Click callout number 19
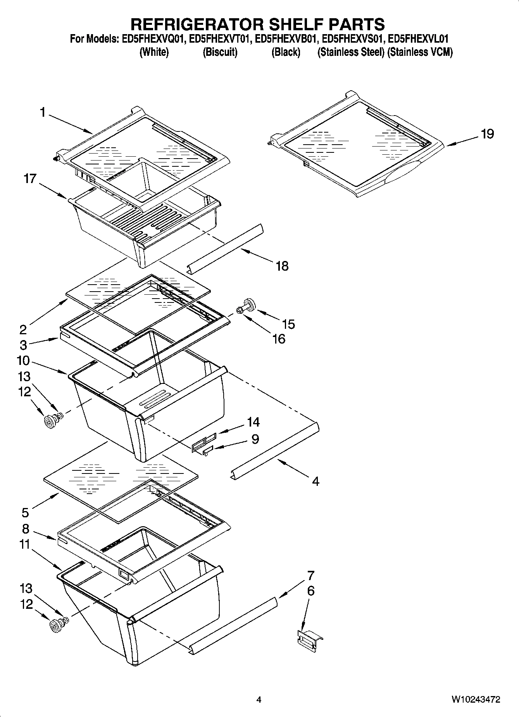tap(487, 134)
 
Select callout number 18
tap(282, 266)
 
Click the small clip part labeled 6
tap(309, 639)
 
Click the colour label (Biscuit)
tap(220, 52)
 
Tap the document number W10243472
tap(475, 700)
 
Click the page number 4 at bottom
tap(259, 700)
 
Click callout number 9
tap(255, 439)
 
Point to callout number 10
tap(23, 361)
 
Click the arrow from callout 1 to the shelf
tap(70, 124)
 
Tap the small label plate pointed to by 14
tap(203, 442)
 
